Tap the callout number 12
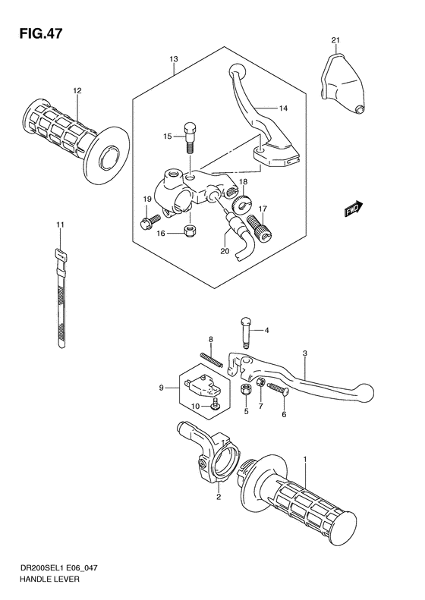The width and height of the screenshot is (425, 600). (x=77, y=91)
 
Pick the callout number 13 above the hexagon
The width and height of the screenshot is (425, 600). (x=174, y=58)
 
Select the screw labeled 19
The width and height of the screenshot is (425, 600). (x=147, y=221)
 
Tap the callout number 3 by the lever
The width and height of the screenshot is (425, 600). (x=304, y=353)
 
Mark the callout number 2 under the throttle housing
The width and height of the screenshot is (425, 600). (x=218, y=498)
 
